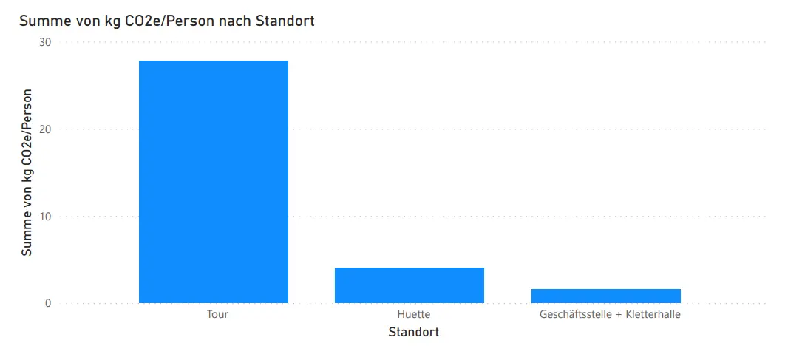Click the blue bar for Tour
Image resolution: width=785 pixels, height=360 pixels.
click(x=214, y=181)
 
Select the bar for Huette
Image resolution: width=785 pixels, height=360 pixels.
click(x=410, y=285)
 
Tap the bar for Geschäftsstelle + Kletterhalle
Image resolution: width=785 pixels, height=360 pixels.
click(x=605, y=296)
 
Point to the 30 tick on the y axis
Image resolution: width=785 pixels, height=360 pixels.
click(x=45, y=42)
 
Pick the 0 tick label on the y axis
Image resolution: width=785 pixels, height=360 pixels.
click(x=48, y=303)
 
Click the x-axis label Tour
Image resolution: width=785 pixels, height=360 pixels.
click(x=217, y=314)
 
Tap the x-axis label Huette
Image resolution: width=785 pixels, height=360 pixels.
click(x=413, y=314)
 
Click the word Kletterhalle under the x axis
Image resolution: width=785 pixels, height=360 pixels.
click(x=652, y=314)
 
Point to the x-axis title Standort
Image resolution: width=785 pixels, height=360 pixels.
click(x=414, y=333)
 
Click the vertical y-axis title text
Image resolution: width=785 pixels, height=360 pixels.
click(x=27, y=172)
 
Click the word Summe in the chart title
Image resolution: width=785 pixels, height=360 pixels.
click(x=42, y=21)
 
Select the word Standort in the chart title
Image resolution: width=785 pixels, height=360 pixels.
click(x=285, y=21)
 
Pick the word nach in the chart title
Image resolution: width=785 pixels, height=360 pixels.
click(x=237, y=21)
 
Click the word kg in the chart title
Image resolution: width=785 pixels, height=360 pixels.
click(x=111, y=21)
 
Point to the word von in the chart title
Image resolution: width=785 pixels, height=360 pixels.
click(x=85, y=21)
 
